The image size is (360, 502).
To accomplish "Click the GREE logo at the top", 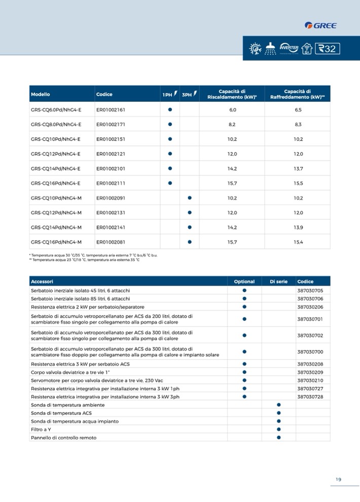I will pos(320,25).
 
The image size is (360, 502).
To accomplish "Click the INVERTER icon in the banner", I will pos(288,48).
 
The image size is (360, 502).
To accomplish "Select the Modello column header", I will pos(41,95).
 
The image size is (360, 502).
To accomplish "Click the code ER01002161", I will pos(111,110).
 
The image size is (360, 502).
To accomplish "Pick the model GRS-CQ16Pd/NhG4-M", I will pos(56,242).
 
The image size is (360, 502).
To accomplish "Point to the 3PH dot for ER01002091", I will pos(189,198).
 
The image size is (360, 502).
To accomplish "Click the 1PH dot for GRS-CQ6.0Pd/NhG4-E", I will pos(170,110).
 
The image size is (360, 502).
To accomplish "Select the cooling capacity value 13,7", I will pos(298,169).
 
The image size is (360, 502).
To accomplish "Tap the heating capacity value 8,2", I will pos(232,125).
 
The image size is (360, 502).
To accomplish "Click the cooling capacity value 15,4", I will pos(298,242).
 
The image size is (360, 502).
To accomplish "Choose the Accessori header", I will pos(42,282).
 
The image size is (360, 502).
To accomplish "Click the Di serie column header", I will pos(278,282).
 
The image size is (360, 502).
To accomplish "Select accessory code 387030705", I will pos(310,291).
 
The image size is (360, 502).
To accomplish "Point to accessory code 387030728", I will pos(310,397).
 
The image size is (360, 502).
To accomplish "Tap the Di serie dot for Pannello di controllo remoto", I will pos(278,437).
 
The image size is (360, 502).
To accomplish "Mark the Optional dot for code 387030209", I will pos(244,372).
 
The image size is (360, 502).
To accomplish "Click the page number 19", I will pos(338,479).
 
